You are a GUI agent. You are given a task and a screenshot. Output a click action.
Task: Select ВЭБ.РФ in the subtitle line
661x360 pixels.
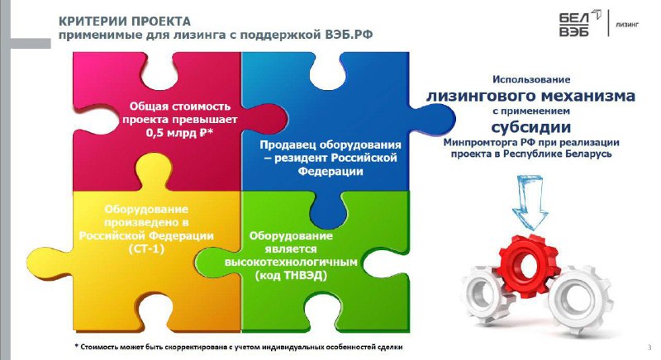(x=349, y=35)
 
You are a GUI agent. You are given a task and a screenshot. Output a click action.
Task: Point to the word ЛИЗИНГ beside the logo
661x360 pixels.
(x=627, y=25)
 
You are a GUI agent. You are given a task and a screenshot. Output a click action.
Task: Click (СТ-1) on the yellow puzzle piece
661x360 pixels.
(x=147, y=249)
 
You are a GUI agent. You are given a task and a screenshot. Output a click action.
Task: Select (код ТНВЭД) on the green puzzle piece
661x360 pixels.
(x=291, y=276)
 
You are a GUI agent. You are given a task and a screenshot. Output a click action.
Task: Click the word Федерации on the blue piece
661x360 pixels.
(x=330, y=171)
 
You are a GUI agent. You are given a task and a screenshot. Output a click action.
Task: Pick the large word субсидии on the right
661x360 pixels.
(x=530, y=126)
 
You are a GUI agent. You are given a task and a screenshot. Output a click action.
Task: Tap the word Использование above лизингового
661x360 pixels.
(x=531, y=79)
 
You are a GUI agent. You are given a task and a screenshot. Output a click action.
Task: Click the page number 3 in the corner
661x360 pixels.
(x=649, y=348)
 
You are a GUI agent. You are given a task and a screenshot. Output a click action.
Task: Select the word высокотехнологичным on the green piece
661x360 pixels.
(x=291, y=262)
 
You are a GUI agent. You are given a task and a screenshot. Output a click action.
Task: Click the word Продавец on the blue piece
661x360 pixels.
(x=288, y=144)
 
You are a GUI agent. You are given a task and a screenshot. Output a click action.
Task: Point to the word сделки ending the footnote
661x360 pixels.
(x=390, y=347)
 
